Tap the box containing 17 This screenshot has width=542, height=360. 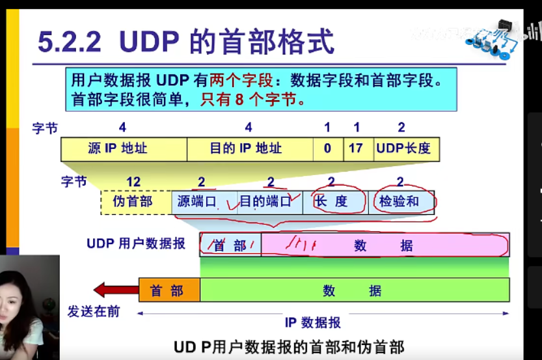[x=355, y=148]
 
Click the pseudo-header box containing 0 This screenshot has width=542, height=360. [x=328, y=148]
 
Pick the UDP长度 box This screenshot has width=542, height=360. [x=403, y=148]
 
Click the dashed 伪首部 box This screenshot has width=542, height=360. [x=135, y=202]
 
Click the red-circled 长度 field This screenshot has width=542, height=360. [x=334, y=202]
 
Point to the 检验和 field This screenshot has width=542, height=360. [x=401, y=202]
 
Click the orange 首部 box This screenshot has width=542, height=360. [x=169, y=290]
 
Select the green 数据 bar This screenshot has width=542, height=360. [x=355, y=290]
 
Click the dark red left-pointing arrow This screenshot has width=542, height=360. [x=116, y=290]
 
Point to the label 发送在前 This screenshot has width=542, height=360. [x=94, y=312]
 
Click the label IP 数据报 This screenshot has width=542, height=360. [x=313, y=322]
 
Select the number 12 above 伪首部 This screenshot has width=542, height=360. [x=133, y=182]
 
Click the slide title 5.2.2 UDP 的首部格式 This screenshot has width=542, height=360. [x=186, y=42]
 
